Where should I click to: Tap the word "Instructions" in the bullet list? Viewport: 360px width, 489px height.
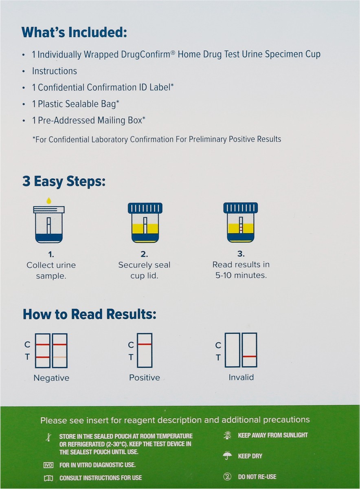[55, 71]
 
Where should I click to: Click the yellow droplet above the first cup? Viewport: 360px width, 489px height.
[48, 200]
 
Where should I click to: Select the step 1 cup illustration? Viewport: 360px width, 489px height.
[48, 224]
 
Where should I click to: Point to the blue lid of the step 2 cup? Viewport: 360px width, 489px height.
[145, 208]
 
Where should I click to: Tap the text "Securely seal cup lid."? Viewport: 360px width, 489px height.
[144, 270]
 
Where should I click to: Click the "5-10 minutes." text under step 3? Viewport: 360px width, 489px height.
[241, 275]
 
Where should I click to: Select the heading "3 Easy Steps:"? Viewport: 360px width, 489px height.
[64, 181]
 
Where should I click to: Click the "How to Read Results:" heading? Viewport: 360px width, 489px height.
[90, 314]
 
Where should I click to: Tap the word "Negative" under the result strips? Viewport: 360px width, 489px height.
[51, 378]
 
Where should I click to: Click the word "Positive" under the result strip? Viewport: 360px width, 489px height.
[145, 377]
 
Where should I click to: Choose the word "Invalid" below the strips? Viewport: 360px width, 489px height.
[241, 377]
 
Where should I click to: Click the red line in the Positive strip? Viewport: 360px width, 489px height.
[145, 345]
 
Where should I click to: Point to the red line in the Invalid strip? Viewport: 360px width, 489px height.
[249, 357]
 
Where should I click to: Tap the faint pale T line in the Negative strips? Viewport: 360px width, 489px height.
[60, 357]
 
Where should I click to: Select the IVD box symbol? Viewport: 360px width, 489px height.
[48, 465]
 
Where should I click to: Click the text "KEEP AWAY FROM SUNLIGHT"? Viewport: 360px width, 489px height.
[273, 436]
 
